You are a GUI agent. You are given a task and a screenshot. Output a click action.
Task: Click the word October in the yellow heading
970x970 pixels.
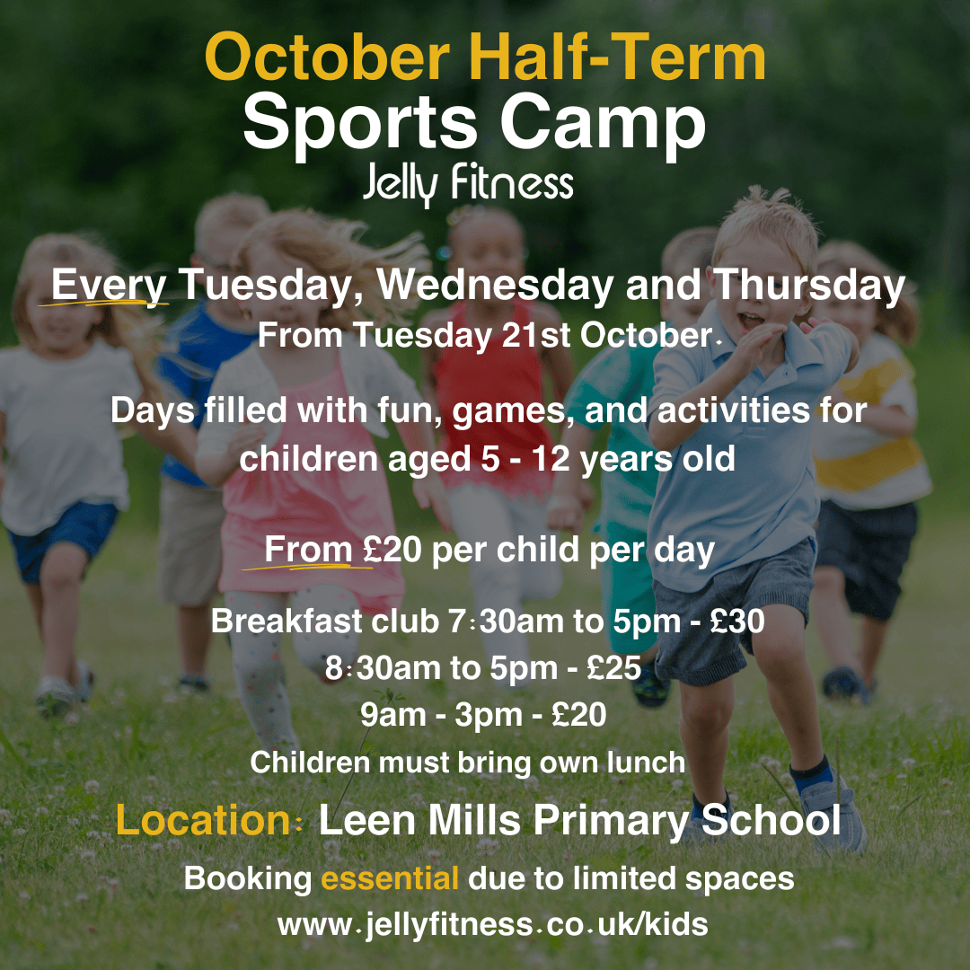coord(328,57)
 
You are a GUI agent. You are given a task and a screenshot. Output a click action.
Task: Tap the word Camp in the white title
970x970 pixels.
coord(603,127)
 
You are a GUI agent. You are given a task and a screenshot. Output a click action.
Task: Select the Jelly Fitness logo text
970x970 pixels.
coord(468,183)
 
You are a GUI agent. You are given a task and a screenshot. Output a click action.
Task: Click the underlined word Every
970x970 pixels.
coord(109,287)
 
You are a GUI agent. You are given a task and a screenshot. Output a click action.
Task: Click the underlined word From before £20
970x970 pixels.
coord(308,550)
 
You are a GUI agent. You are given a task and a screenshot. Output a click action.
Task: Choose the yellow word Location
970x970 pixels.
coord(203,820)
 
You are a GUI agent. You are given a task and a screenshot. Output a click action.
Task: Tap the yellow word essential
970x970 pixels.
coord(390,878)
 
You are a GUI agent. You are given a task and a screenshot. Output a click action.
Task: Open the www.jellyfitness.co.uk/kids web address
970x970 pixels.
coord(492,925)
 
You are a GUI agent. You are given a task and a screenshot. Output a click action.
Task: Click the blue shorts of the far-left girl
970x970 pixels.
coord(63,538)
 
